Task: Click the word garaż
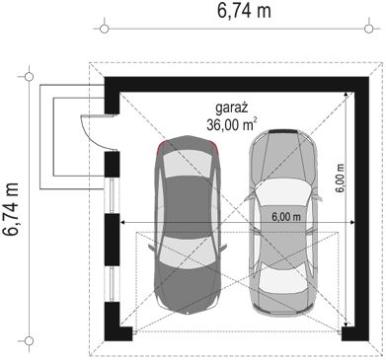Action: (x=231, y=108)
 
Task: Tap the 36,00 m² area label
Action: (x=232, y=124)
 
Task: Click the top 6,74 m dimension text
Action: (x=244, y=11)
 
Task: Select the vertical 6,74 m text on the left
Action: (x=10, y=209)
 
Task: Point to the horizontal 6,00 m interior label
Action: (x=286, y=217)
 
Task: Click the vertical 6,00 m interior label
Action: (x=341, y=178)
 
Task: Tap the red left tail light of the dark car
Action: (x=161, y=147)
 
